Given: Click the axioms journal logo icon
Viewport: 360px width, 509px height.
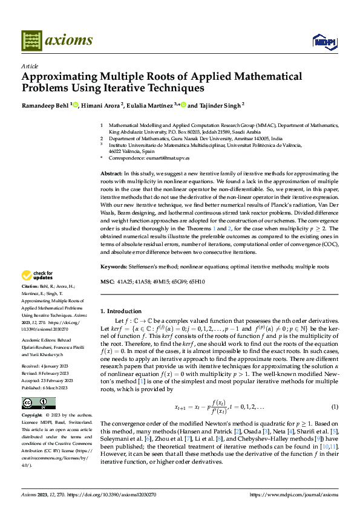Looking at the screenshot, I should (31, 41).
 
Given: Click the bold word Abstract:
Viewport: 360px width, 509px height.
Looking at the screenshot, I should (113, 173).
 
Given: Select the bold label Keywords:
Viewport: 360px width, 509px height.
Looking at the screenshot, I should (114, 266).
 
